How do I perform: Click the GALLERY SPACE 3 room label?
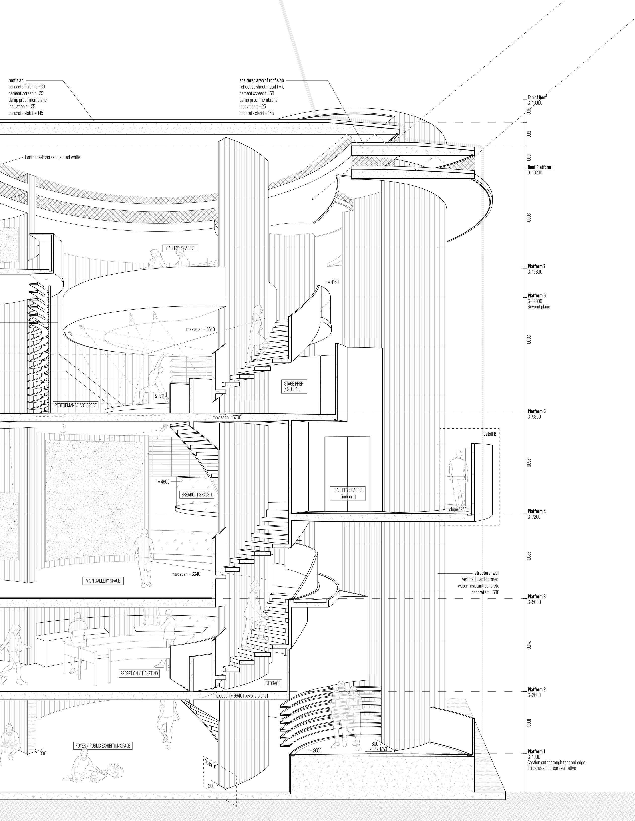180,248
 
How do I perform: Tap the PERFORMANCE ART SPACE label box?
76,405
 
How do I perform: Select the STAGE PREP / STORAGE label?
293,386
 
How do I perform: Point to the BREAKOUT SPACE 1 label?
197,495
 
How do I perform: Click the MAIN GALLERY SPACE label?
103,581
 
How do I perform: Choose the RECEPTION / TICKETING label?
139,674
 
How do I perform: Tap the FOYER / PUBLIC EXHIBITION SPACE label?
103,745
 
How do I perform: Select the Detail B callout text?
490,434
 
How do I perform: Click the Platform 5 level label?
536,411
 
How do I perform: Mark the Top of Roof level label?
537,97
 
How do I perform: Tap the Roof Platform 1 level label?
540,167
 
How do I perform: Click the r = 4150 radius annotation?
332,282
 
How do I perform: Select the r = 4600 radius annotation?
162,482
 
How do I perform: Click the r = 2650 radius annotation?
315,751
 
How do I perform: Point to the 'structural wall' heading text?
486,573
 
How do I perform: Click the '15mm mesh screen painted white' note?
52,157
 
